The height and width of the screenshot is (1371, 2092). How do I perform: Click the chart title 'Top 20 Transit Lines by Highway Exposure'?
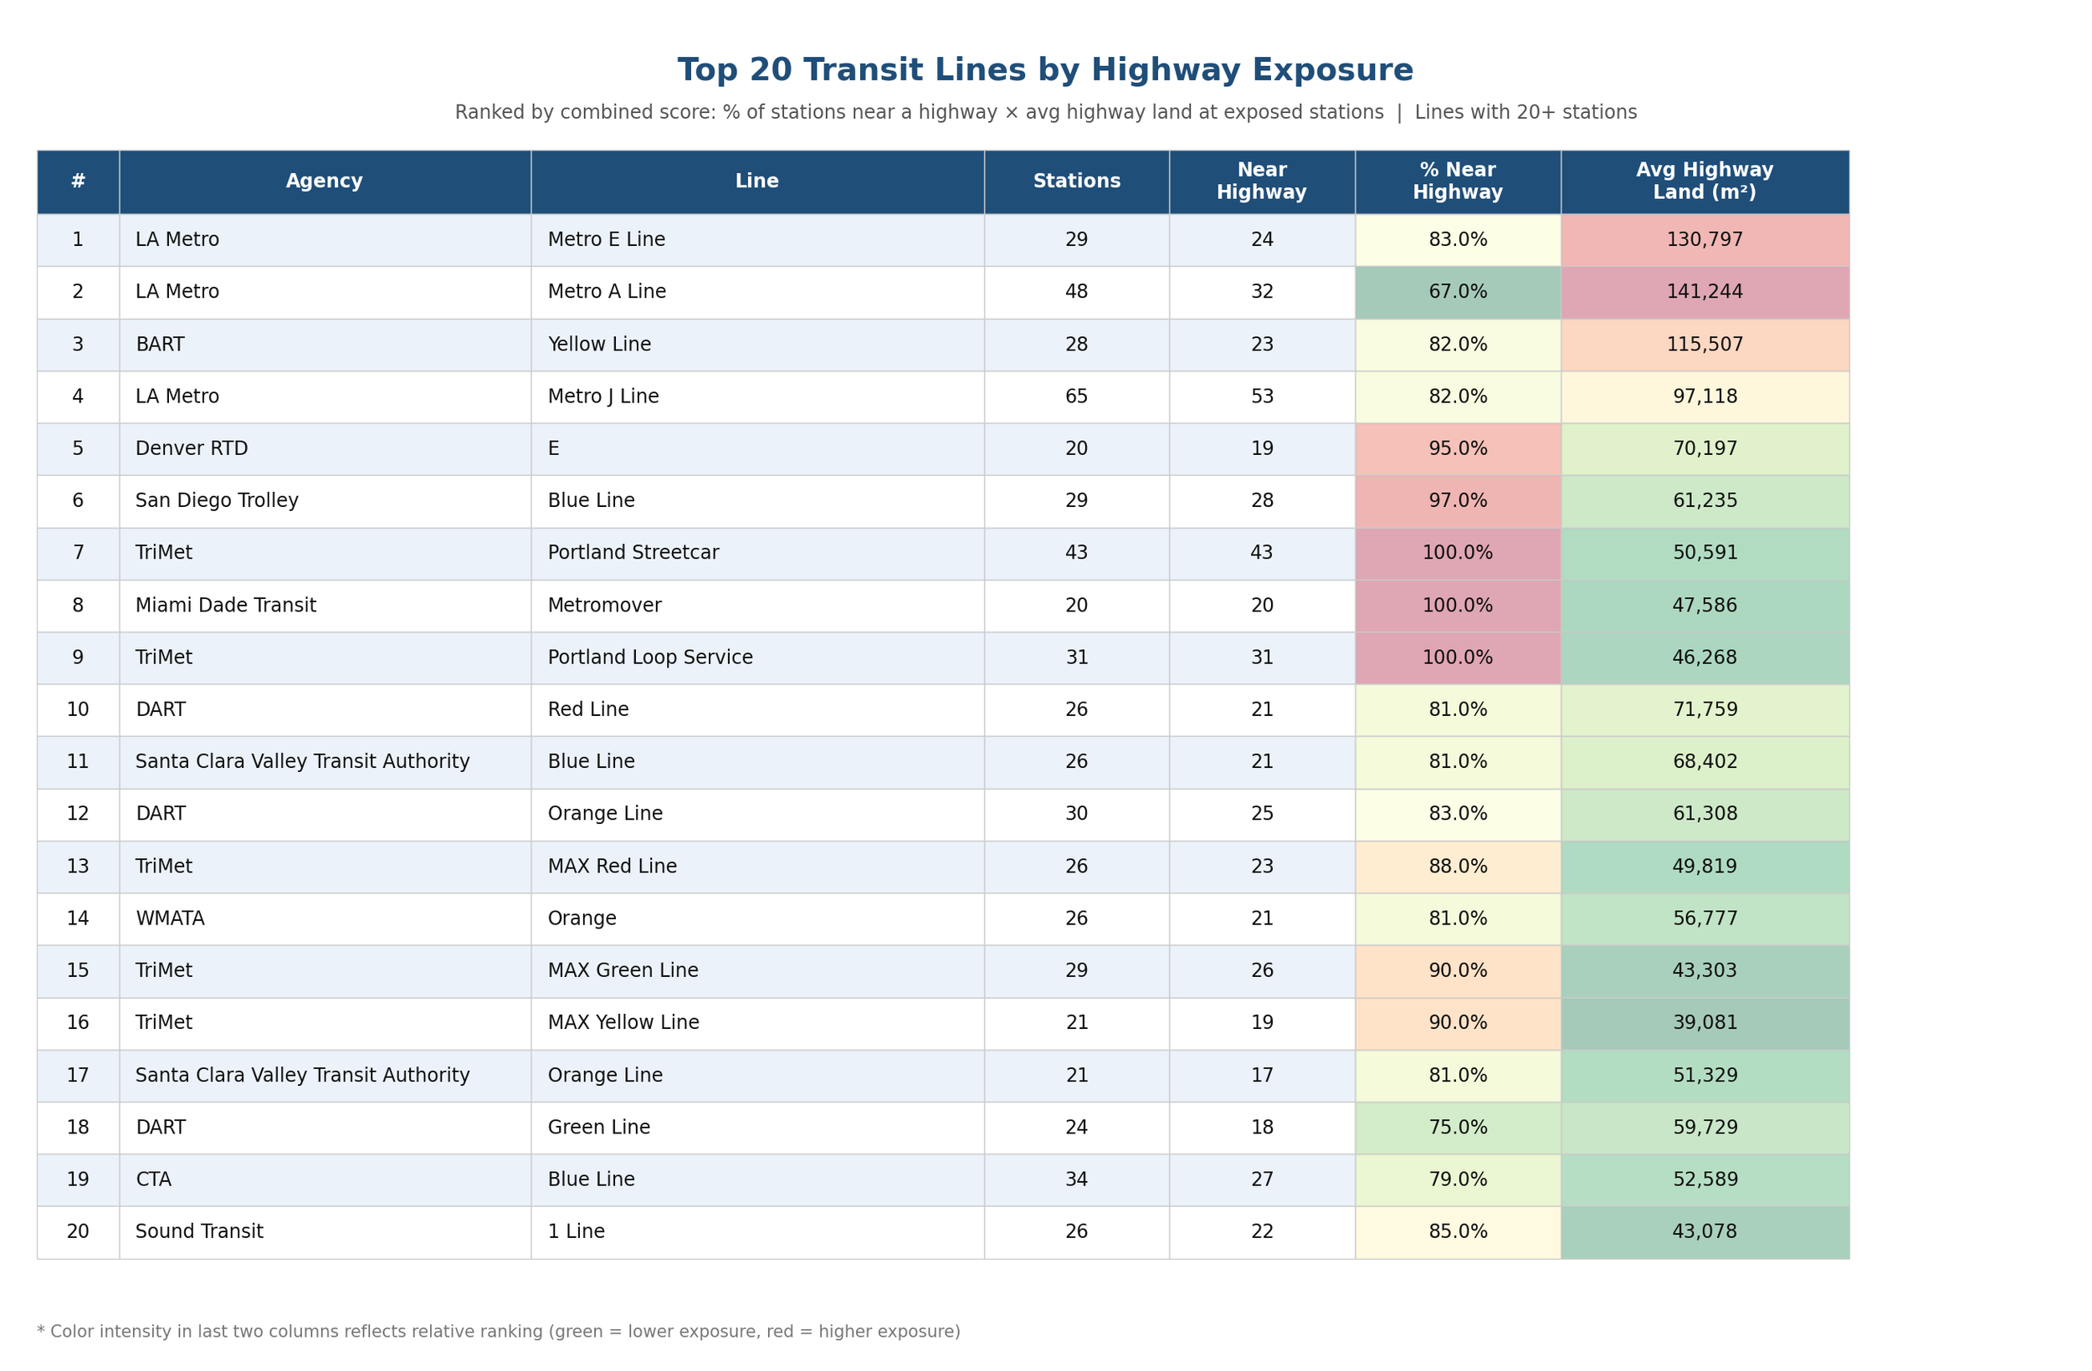point(1045,70)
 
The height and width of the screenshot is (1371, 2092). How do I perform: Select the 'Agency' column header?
point(325,181)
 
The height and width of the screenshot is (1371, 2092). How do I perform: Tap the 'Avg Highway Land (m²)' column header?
point(1705,181)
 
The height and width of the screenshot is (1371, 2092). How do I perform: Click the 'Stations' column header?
point(1077,181)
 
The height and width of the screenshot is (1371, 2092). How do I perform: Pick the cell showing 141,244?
point(1705,292)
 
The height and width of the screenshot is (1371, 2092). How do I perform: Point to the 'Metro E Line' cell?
point(607,240)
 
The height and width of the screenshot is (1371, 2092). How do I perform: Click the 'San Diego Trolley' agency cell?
point(217,501)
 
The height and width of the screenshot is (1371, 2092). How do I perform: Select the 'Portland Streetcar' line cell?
point(633,553)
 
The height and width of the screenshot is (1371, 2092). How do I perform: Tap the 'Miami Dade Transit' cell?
point(226,606)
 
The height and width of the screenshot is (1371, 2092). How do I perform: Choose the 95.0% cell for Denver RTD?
point(1458,449)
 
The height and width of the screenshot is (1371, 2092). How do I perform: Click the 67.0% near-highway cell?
point(1458,292)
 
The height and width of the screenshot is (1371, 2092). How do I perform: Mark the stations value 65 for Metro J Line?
point(1077,396)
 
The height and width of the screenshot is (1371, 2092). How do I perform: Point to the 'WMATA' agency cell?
point(171,918)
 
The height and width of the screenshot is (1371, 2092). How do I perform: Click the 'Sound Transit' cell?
point(199,1231)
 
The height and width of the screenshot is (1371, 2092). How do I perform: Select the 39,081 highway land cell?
point(1705,1023)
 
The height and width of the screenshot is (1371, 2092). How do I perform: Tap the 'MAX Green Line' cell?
point(623,970)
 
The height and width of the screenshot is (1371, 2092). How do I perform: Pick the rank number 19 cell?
point(78,1179)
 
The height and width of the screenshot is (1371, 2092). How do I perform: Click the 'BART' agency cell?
point(160,345)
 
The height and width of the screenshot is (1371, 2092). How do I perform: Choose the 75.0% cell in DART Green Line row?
point(1458,1128)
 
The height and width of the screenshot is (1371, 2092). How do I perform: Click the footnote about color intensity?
point(499,1332)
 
